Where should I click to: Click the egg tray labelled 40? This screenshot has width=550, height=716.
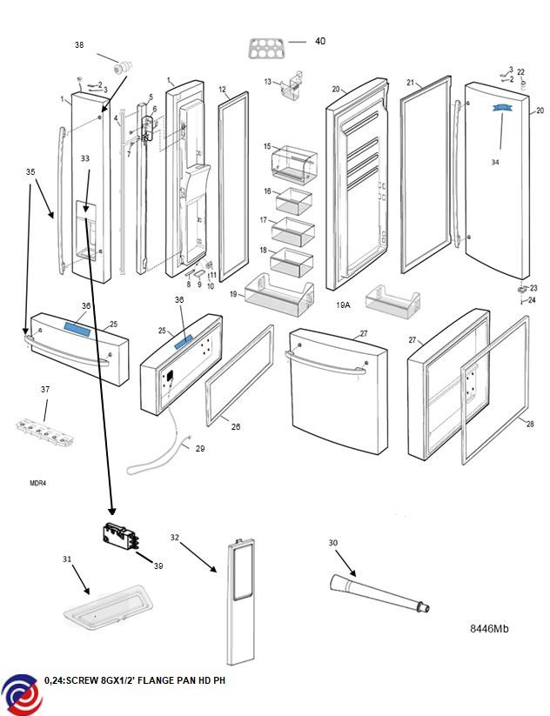click(x=267, y=48)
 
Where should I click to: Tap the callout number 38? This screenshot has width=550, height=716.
click(x=79, y=44)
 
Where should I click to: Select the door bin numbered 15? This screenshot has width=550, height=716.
click(x=296, y=163)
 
